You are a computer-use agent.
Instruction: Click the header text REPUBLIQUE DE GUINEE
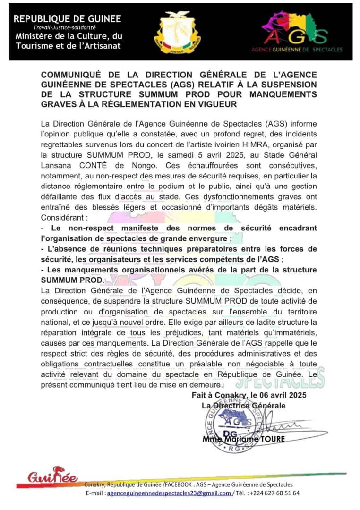click(x=67, y=19)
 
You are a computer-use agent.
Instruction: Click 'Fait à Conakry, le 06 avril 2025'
click(x=249, y=395)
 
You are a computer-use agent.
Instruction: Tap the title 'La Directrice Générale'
click(x=243, y=405)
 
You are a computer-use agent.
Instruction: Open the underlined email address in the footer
click(x=169, y=493)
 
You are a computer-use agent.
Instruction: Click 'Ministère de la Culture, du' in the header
click(x=69, y=37)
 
